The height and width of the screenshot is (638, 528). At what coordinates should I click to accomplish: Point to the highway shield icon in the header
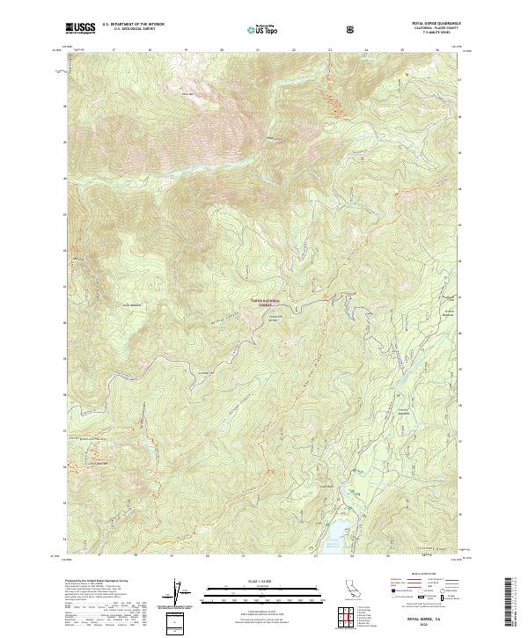coord(352,29)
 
